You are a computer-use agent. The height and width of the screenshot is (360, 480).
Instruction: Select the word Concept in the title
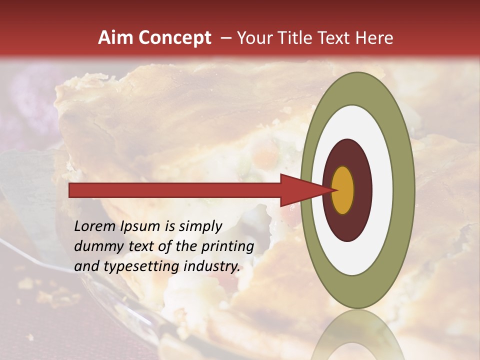(x=174, y=38)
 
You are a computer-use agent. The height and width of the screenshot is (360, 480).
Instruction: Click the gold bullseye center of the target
(x=343, y=190)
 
